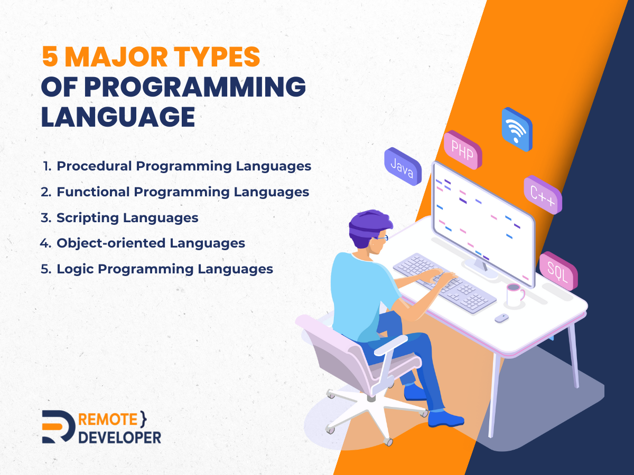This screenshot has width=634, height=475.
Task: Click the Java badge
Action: [403, 166]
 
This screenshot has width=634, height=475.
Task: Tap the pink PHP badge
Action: [463, 150]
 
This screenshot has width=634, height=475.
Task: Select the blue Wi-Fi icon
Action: [517, 129]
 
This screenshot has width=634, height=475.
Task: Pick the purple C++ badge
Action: [543, 195]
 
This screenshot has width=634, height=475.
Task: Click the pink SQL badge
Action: [558, 271]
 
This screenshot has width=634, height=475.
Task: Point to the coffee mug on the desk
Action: [515, 294]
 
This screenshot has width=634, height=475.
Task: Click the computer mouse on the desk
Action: [502, 318]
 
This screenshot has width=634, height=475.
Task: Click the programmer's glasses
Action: [382, 238]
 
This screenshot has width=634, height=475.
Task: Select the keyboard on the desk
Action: [445, 283]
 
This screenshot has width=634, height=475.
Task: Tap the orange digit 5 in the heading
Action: [50, 56]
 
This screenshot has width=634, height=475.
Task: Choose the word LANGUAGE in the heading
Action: [118, 117]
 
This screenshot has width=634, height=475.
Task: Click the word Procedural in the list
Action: [94, 166]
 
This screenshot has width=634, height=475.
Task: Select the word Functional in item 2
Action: [93, 192]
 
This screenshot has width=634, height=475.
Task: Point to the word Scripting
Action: [88, 218]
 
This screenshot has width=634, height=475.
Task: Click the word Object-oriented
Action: [111, 243]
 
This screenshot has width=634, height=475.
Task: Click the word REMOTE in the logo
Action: [108, 420]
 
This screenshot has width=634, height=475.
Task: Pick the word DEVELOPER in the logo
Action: [119, 438]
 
